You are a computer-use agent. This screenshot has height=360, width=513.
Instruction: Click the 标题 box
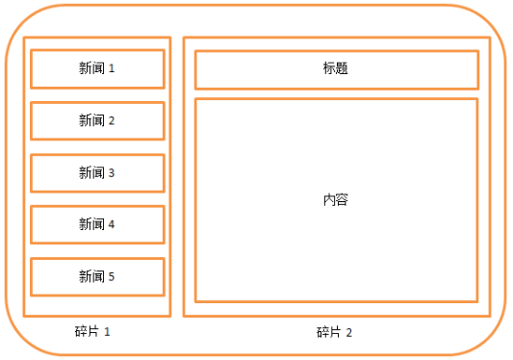click(336, 69)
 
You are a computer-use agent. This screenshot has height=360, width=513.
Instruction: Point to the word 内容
click(336, 200)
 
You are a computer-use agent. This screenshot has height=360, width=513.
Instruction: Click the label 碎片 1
click(93, 331)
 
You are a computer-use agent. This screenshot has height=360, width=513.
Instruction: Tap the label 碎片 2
click(335, 332)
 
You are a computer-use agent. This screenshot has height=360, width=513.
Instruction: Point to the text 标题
click(336, 69)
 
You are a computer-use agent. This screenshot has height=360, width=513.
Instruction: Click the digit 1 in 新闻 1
click(112, 69)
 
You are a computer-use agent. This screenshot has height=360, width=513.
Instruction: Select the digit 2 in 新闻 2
click(112, 121)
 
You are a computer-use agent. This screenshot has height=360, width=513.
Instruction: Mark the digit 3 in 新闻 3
click(112, 173)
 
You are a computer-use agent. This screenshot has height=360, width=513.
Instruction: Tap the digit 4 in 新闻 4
click(112, 224)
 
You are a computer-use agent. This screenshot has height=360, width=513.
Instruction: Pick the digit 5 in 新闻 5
click(112, 276)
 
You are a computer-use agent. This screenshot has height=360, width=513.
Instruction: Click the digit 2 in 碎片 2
click(349, 333)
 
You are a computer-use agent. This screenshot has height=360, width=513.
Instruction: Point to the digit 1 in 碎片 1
click(108, 332)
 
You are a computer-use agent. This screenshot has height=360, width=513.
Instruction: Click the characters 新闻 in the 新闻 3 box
click(91, 173)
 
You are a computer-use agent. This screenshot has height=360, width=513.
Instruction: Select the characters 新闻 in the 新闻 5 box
click(91, 276)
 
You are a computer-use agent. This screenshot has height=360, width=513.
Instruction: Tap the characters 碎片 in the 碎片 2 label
click(329, 332)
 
